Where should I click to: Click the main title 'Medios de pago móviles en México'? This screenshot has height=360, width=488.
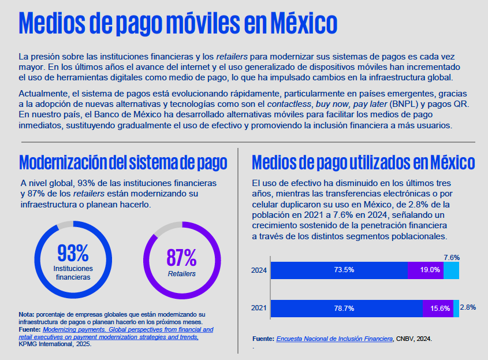[178, 24]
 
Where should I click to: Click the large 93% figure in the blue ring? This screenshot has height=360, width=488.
[73, 253]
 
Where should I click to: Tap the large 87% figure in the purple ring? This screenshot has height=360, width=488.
[181, 257]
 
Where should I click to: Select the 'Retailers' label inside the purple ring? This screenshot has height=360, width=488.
[181, 274]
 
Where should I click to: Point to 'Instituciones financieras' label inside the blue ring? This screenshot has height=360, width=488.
[73, 273]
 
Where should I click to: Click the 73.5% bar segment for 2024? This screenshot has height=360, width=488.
[338, 270]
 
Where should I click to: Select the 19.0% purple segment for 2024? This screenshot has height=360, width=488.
[425, 270]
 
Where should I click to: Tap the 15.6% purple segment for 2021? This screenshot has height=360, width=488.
[438, 308]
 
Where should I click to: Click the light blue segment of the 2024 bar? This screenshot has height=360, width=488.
[451, 270]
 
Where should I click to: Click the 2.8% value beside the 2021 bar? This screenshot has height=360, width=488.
[468, 308]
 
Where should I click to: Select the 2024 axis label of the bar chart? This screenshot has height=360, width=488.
[259, 270]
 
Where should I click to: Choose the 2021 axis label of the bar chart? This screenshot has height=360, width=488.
[259, 308]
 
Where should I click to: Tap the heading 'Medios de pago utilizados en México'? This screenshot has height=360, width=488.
[363, 161]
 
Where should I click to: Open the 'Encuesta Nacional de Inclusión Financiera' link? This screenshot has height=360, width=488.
[334, 339]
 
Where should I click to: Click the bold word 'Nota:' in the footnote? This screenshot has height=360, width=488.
[27, 314]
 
